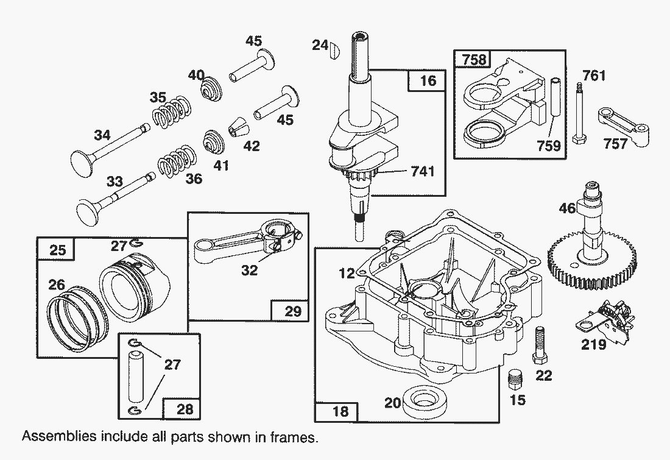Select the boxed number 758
coord(475,59)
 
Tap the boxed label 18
coord(341,411)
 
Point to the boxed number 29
coord(293,311)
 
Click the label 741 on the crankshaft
coord(423,171)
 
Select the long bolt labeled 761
coord(579,116)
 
